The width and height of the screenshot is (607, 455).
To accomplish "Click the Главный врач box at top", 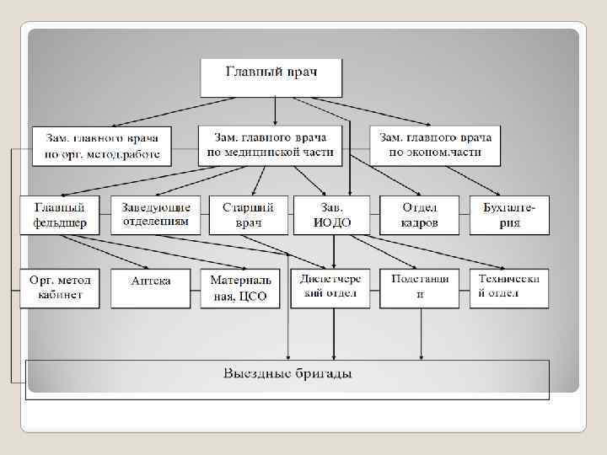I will [x=271, y=77].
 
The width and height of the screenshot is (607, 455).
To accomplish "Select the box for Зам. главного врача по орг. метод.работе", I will [x=101, y=146].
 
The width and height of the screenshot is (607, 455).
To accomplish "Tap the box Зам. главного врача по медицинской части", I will [x=271, y=145].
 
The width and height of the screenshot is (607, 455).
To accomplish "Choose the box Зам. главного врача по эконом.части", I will [x=435, y=145].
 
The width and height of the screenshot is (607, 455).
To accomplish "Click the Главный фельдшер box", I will [x=59, y=215].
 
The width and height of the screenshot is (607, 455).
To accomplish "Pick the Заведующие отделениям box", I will [x=155, y=215].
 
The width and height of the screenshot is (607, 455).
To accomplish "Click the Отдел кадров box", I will [x=419, y=215].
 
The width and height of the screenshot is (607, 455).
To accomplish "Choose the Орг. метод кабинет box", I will [x=59, y=287].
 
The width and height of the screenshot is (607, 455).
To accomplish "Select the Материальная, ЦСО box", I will [x=241, y=288].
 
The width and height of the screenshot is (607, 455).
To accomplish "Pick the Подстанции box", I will [x=419, y=287].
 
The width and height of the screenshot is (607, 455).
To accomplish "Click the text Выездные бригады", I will [x=287, y=373].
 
